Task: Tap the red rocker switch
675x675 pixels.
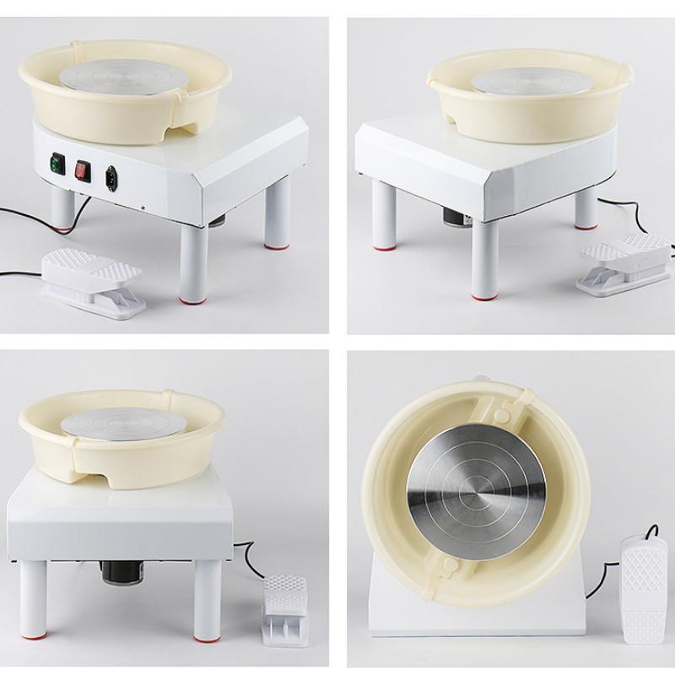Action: coord(83,170)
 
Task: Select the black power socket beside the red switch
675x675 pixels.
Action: coord(110,177)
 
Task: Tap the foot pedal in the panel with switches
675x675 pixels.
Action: coord(92,283)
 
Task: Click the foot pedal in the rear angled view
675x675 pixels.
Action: coord(624,261)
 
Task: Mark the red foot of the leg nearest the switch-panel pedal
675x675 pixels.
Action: coord(191,298)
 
